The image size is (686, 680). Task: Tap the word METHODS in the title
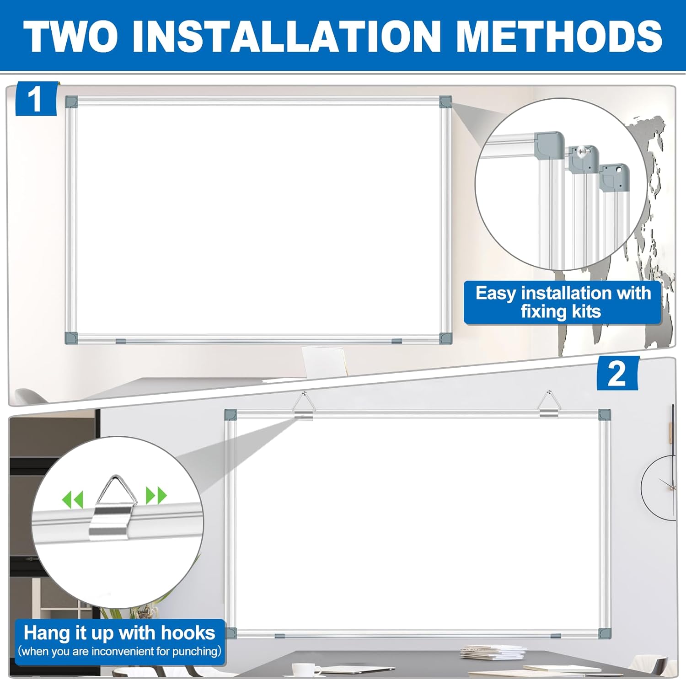point(559,37)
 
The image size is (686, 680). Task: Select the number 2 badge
point(616,374)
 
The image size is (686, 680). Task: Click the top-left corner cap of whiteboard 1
point(71,102)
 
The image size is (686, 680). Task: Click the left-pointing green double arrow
point(73,499)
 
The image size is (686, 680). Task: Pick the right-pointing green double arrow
point(156,495)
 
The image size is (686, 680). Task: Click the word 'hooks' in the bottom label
point(188,633)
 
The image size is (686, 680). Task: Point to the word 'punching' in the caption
point(194,651)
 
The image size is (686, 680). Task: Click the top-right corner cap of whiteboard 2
point(604,415)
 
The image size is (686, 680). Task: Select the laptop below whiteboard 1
point(323,361)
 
